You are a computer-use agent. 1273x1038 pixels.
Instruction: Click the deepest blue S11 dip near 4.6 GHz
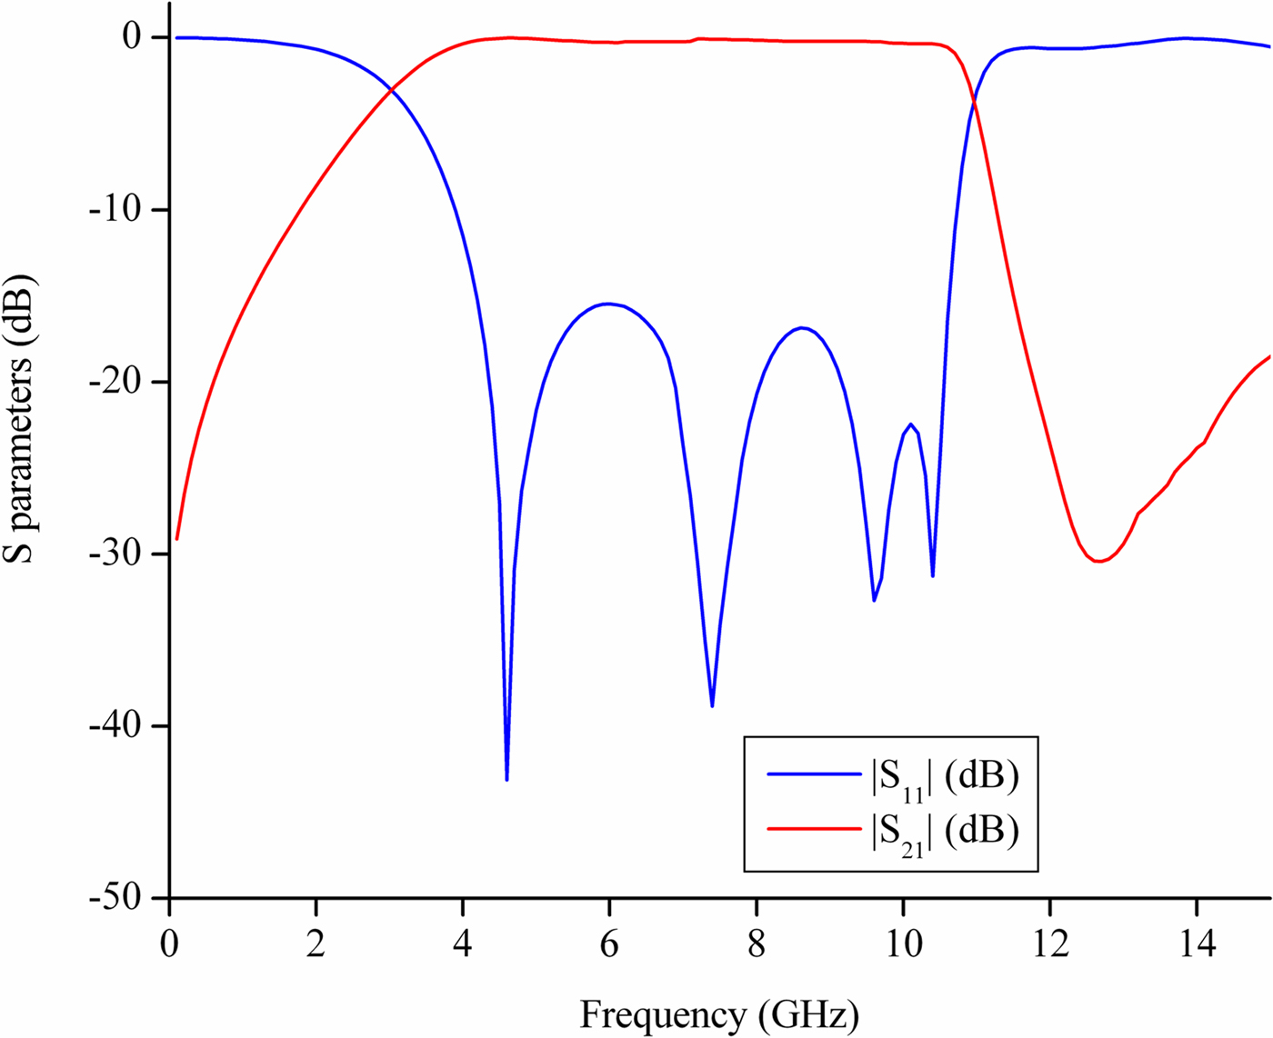506,779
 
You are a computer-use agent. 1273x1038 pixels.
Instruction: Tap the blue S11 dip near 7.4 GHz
712,705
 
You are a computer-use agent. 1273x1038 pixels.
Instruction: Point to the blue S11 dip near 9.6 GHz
874,600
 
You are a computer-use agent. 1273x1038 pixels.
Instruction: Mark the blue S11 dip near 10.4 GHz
933,575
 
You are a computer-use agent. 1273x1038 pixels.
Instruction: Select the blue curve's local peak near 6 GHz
607,304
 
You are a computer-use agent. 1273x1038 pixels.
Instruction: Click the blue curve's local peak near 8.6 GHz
801,327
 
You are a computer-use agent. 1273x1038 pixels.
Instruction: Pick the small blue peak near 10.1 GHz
910,424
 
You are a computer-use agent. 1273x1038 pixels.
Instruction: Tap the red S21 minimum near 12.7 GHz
1098,561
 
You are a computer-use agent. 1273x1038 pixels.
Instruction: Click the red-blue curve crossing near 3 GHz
392,89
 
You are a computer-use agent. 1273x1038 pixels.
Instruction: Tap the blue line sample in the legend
814,774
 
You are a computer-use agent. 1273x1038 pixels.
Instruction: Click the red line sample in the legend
814,828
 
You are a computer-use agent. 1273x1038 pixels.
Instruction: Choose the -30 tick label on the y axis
115,554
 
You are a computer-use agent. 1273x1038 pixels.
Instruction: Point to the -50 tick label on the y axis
115,898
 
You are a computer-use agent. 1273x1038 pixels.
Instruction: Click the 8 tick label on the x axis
756,945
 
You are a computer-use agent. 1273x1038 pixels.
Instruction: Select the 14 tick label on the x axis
1197,945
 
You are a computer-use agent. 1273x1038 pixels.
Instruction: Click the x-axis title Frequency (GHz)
719,1014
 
